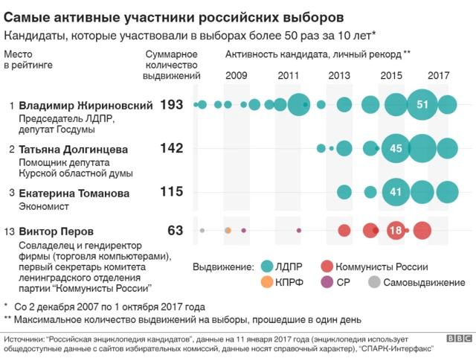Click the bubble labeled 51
pos(422,105)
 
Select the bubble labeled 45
pos(396,149)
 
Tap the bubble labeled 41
pos(396,192)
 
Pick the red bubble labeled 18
pos(396,231)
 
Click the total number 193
pos(171,105)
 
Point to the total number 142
pos(171,149)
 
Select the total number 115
pos(171,192)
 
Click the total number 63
pos(175,231)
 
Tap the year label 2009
pos(237,76)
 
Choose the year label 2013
pos(339,76)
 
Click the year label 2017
pos(439,76)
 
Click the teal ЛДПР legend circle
pos(269,266)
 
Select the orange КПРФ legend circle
pos(269,284)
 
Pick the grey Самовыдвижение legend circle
pos(376,284)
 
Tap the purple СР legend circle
pos(327,284)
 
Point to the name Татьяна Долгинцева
pos(73,149)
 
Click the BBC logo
pos(459,339)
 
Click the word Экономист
pos(44,206)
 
